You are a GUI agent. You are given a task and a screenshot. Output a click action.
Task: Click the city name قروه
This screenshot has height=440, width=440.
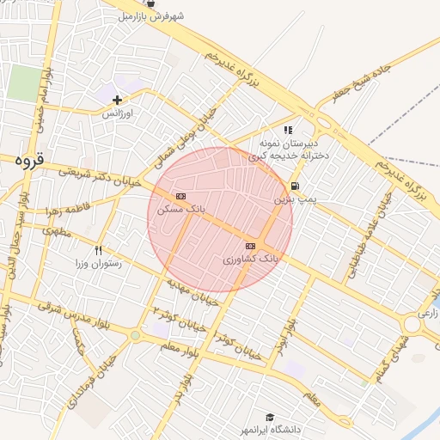point(29,160)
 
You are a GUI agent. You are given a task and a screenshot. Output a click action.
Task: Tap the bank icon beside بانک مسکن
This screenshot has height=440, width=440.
point(180,196)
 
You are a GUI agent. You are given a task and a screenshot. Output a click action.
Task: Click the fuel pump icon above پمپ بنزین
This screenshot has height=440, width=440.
point(296,186)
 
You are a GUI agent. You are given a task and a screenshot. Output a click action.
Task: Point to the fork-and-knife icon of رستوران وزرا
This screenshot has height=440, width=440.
point(99,250)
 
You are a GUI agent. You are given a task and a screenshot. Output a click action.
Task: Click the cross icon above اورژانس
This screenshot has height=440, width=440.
point(117,101)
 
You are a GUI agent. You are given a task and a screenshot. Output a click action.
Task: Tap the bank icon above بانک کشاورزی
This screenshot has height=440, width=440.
point(250,246)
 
